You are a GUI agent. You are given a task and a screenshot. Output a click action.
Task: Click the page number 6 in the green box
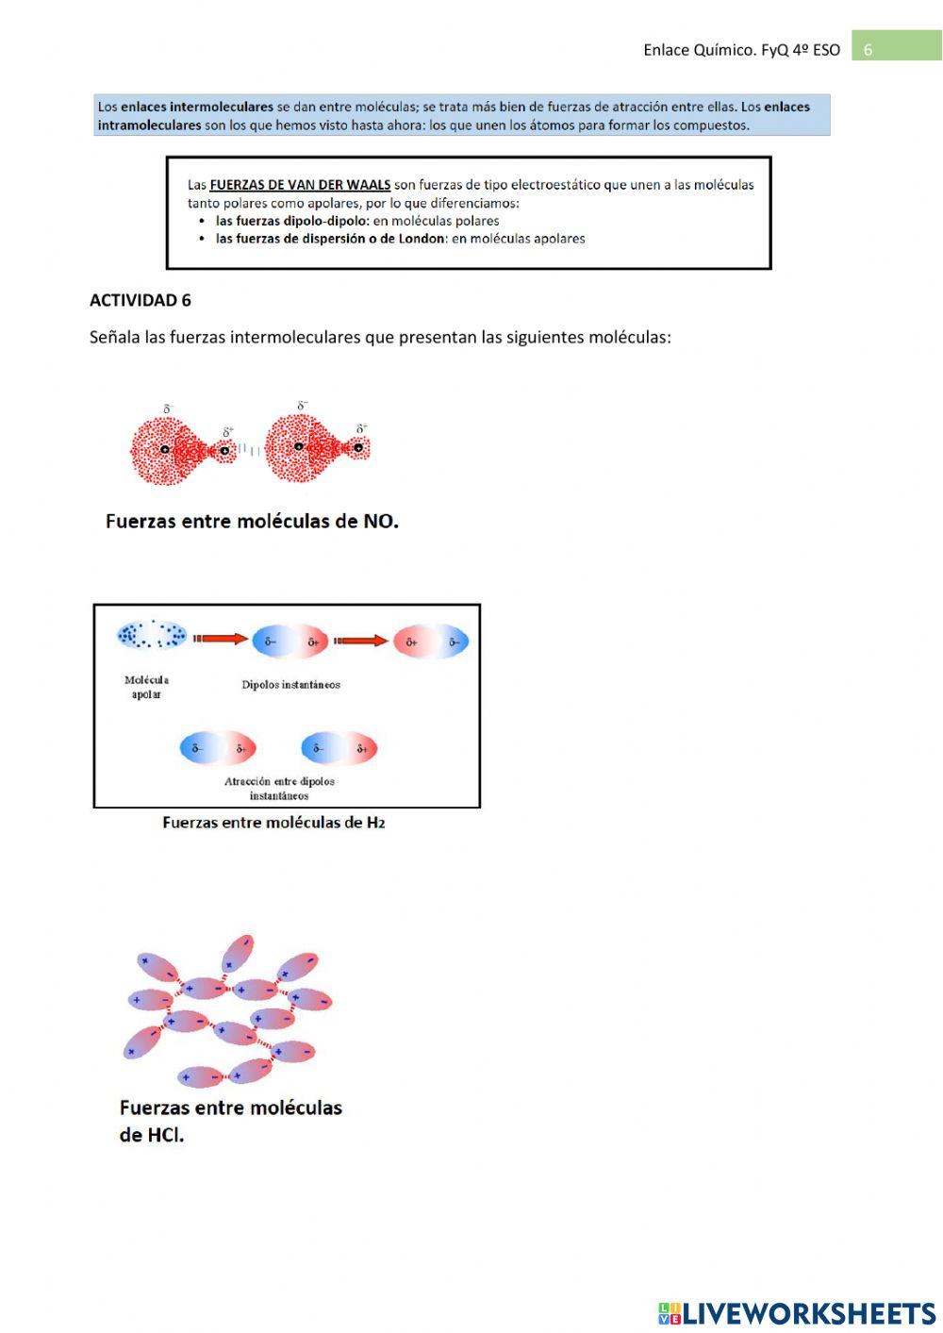click(x=868, y=50)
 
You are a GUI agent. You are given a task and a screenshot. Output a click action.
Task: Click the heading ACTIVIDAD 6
click(x=140, y=300)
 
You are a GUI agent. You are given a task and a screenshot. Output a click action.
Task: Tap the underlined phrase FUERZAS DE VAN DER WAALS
click(x=300, y=185)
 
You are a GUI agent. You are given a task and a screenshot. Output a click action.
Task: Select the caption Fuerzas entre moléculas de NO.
click(x=252, y=521)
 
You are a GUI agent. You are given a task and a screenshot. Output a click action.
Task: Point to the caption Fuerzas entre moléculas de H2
click(x=273, y=823)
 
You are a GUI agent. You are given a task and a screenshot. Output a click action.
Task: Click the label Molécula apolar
click(x=146, y=687)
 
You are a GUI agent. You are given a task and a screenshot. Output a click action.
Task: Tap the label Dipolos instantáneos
click(x=290, y=685)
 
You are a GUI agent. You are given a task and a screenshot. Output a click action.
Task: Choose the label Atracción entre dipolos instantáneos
click(x=279, y=788)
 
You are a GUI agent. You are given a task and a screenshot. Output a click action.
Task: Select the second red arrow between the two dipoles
click(x=361, y=641)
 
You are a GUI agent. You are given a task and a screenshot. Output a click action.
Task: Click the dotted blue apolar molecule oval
click(x=151, y=635)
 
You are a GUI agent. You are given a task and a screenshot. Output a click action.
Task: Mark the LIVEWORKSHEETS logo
click(x=797, y=1312)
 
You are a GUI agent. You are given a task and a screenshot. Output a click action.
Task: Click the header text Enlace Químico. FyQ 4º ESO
click(x=741, y=50)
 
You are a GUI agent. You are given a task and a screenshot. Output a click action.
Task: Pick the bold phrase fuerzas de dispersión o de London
click(x=330, y=239)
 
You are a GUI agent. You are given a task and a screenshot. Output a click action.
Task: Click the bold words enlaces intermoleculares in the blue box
click(x=197, y=107)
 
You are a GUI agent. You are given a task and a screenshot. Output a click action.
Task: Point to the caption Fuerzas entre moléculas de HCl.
click(x=230, y=1120)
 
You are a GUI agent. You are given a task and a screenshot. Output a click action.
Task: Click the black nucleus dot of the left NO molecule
click(x=165, y=450)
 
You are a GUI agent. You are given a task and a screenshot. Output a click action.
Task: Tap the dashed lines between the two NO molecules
click(x=250, y=450)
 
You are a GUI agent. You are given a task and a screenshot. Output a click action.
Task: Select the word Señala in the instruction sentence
click(x=114, y=337)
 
